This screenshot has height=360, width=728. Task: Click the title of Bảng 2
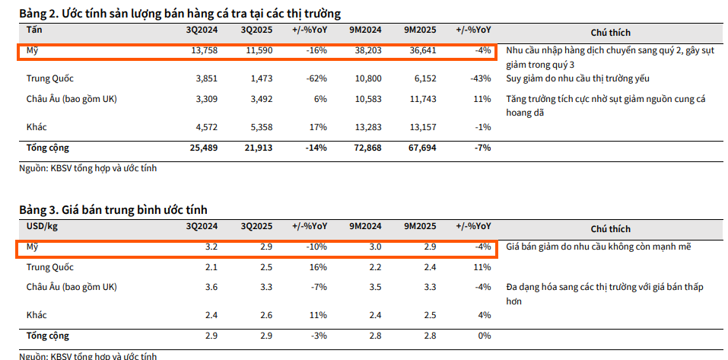(x=180, y=14)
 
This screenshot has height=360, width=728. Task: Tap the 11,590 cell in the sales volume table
(x=256, y=52)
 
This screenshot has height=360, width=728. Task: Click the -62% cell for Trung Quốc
(x=316, y=78)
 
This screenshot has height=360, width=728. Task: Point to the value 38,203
(x=366, y=52)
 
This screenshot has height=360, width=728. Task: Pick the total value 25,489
(x=202, y=148)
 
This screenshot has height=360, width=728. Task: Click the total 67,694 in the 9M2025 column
(x=421, y=148)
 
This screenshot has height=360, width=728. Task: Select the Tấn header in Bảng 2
(x=34, y=30)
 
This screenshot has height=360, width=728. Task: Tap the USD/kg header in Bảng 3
(x=42, y=227)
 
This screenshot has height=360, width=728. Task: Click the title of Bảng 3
(x=113, y=209)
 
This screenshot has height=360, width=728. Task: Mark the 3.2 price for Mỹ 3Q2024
(x=211, y=247)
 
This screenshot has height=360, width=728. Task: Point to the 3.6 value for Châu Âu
(x=211, y=288)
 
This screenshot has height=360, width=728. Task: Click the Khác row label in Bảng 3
(x=37, y=315)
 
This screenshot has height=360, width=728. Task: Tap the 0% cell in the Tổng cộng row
(x=483, y=336)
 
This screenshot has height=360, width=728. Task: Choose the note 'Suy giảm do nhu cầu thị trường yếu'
(x=577, y=78)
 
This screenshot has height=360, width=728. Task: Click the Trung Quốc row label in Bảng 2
(x=50, y=78)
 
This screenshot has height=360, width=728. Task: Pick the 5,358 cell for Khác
(x=256, y=127)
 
